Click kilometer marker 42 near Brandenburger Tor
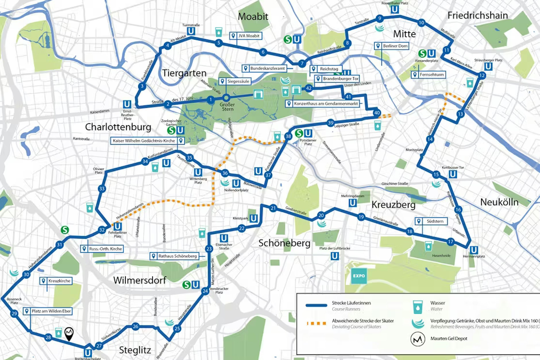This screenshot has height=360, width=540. click(x=309, y=88)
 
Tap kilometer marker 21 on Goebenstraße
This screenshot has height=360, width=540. click(x=273, y=208)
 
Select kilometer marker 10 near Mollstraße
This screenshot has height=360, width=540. click(x=421, y=23)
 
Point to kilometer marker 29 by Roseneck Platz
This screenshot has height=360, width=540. click(x=14, y=313)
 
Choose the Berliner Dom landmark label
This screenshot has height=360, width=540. click(x=392, y=46)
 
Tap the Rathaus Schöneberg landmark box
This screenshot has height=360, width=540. click(x=174, y=256)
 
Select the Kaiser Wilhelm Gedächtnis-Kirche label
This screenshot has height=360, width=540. click(x=147, y=141)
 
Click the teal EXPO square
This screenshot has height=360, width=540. click(x=359, y=276)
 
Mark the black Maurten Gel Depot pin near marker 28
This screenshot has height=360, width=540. click(x=69, y=333)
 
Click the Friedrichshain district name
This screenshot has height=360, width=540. click(x=477, y=15)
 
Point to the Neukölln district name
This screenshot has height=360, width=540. click(x=499, y=202)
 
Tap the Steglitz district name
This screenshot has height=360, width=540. click(x=135, y=350)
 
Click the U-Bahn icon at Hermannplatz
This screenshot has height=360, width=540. click(x=474, y=250)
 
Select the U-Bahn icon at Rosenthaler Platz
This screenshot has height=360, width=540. click(x=395, y=9)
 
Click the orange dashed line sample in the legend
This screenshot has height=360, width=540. click(x=316, y=324)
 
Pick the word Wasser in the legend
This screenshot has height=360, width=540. click(x=437, y=303)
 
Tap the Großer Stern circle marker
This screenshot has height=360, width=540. click(x=226, y=98)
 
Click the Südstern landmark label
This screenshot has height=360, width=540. click(x=431, y=221)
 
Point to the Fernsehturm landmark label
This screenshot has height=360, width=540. click(x=428, y=75)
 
